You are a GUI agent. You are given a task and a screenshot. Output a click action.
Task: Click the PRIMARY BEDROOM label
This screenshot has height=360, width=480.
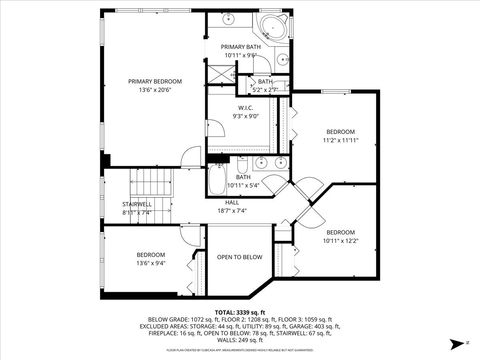pos(155,81)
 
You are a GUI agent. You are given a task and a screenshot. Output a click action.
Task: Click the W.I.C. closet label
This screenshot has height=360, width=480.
pos(245,107)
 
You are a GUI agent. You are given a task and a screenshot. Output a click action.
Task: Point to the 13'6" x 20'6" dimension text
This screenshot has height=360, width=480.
pos(155,90)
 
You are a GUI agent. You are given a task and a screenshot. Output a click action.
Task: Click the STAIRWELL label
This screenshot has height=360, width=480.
pos(136,203)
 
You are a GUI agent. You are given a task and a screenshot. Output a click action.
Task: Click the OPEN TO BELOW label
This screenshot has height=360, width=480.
pos(240,257)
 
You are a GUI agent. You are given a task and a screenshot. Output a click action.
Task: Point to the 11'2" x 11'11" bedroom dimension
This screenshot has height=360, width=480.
pos(342,141)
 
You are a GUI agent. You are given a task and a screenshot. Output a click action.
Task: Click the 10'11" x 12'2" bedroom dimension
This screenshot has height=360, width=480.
pos(340,240)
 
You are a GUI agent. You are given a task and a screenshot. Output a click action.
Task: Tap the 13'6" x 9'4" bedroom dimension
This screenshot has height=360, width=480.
pos(151,264)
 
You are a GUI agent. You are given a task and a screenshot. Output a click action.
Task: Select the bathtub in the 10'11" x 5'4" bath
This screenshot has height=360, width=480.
pos(222,186)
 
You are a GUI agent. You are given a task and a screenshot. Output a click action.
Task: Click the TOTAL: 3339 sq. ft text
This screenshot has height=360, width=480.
pos(240,313)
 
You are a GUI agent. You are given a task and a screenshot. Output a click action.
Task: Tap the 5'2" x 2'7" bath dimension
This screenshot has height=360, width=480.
pos(265,90)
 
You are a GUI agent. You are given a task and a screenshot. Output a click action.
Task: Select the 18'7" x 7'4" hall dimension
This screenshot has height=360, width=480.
pos(231,211)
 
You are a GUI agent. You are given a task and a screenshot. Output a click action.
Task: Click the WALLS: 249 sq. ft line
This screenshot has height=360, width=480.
pos(240,340)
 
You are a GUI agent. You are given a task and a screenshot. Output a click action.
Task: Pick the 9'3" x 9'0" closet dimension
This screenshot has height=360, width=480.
pos(245,116)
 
